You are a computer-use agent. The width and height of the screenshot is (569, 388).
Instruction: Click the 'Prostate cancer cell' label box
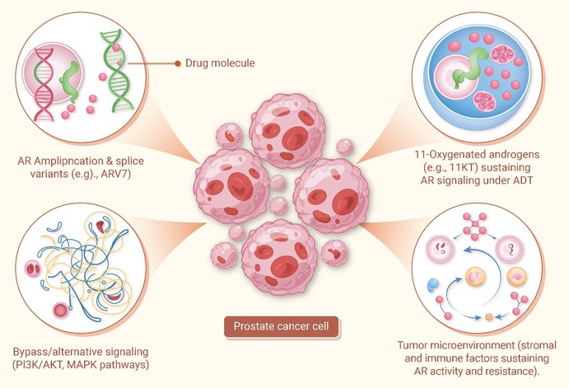point(282,326)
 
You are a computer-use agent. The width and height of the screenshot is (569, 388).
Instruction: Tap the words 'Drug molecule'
point(220,63)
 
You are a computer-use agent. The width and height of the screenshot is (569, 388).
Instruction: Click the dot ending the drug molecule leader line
point(177,63)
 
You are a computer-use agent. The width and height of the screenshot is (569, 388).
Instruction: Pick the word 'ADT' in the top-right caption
point(523,180)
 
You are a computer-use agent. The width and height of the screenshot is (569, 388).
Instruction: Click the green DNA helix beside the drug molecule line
point(117,70)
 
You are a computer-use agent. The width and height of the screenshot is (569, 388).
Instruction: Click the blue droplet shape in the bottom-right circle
point(433,284)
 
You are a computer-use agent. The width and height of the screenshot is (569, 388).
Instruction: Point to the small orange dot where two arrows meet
point(489,317)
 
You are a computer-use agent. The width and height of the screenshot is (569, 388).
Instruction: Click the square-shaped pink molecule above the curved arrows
point(474,226)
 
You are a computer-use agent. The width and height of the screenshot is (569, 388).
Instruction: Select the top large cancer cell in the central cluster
point(287,131)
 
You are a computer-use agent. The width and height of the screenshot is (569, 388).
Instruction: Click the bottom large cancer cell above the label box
point(279,257)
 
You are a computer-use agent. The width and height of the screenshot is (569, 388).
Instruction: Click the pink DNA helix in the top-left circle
point(44,84)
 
